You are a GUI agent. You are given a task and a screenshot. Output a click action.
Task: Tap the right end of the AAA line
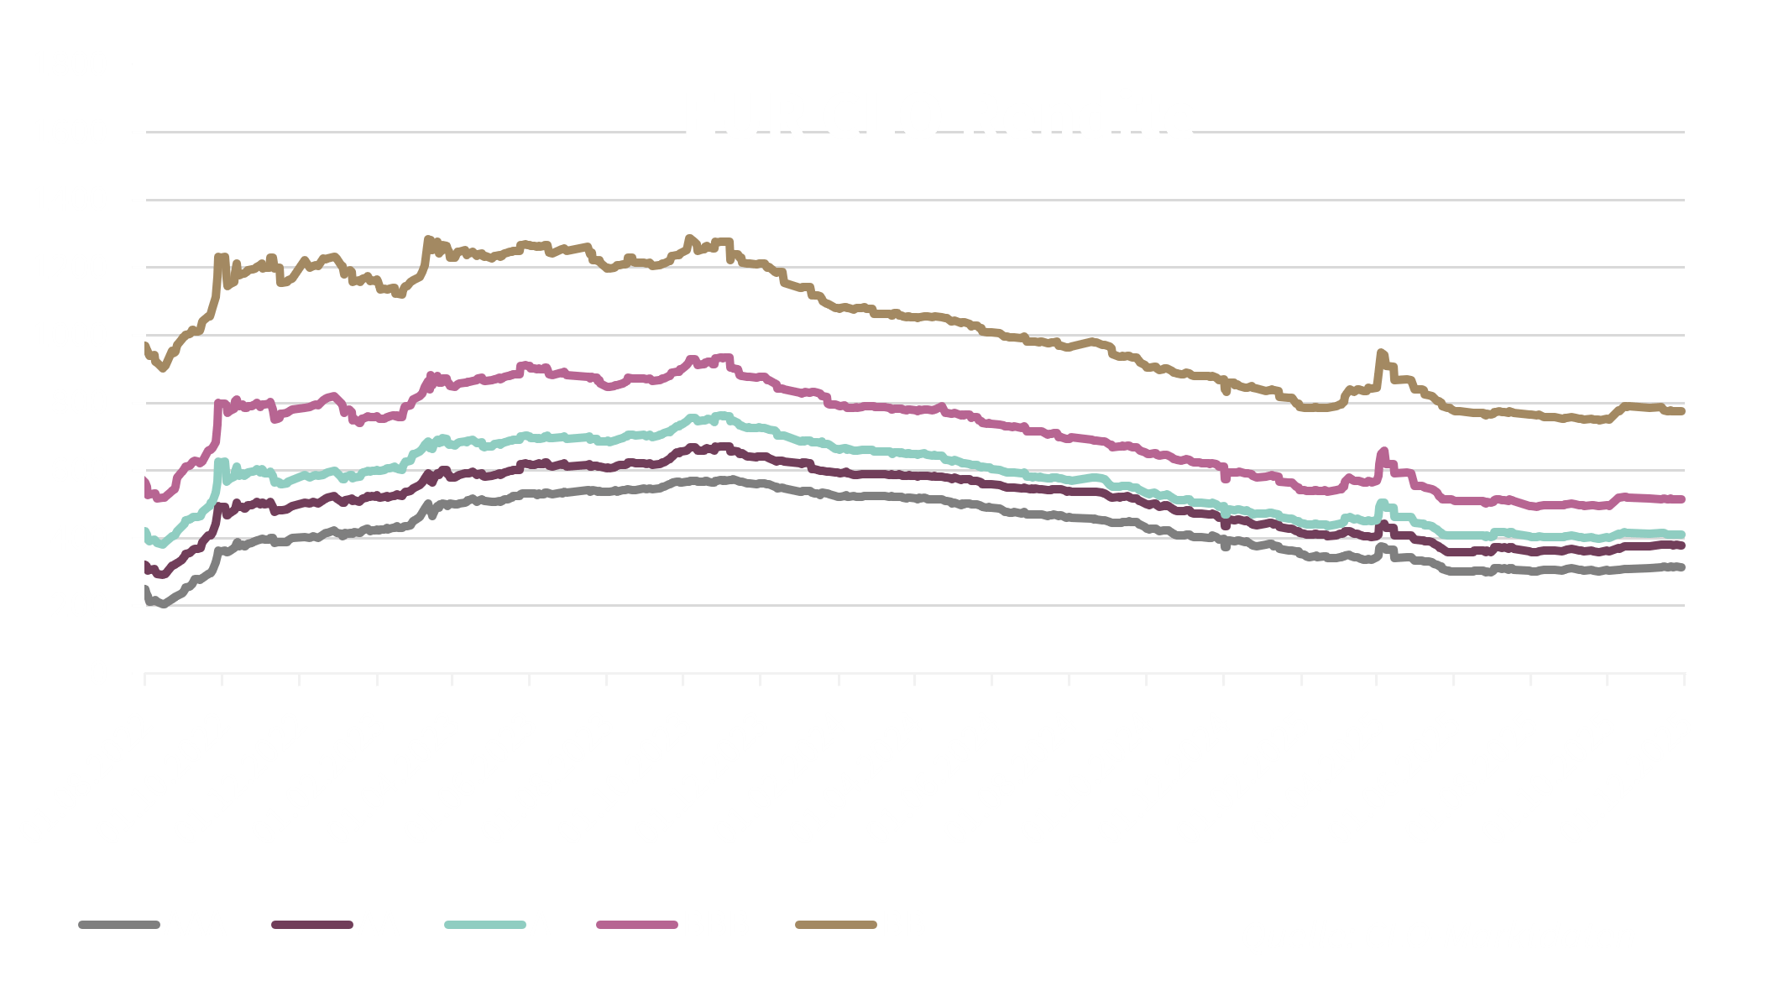(x=1681, y=567)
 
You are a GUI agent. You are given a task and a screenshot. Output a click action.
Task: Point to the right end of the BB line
(x=1681, y=411)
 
